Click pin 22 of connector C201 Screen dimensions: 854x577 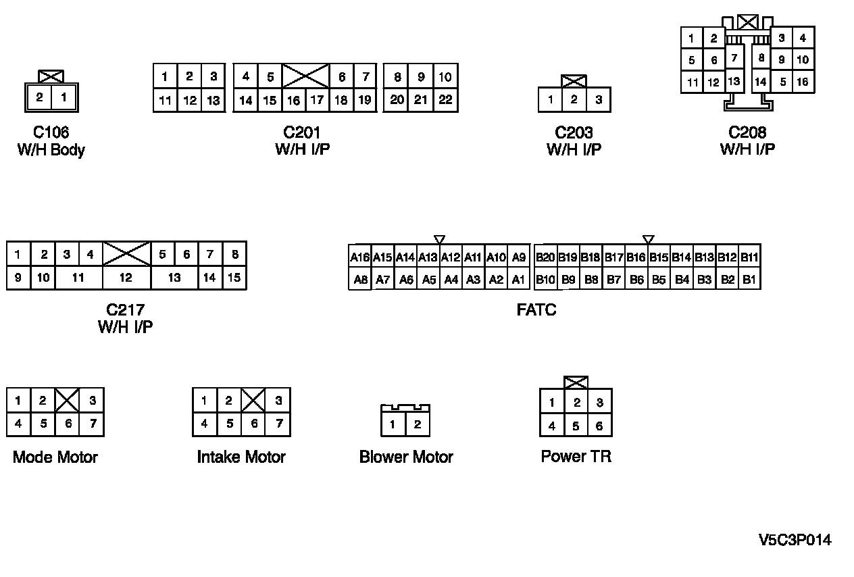445,100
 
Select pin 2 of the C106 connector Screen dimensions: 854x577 39,97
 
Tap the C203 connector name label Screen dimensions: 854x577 574,133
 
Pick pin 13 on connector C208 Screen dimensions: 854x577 734,82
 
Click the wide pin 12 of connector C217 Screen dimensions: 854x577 126,278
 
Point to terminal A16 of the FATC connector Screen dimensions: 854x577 360,257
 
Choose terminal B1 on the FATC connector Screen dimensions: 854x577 749,279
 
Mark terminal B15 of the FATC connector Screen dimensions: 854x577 659,257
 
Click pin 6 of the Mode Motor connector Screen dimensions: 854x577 67,424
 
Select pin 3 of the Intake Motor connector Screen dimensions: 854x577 278,401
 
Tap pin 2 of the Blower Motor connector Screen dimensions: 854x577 418,424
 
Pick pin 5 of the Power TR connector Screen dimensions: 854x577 576,426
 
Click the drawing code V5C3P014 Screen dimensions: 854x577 795,540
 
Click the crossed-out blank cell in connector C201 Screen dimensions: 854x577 305,76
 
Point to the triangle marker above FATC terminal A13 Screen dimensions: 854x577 439,239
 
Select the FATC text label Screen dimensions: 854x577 536,311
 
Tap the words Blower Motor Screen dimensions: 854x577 406,457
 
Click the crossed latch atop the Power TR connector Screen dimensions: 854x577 576,382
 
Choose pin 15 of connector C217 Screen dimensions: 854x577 234,278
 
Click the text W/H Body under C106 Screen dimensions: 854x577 51,150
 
